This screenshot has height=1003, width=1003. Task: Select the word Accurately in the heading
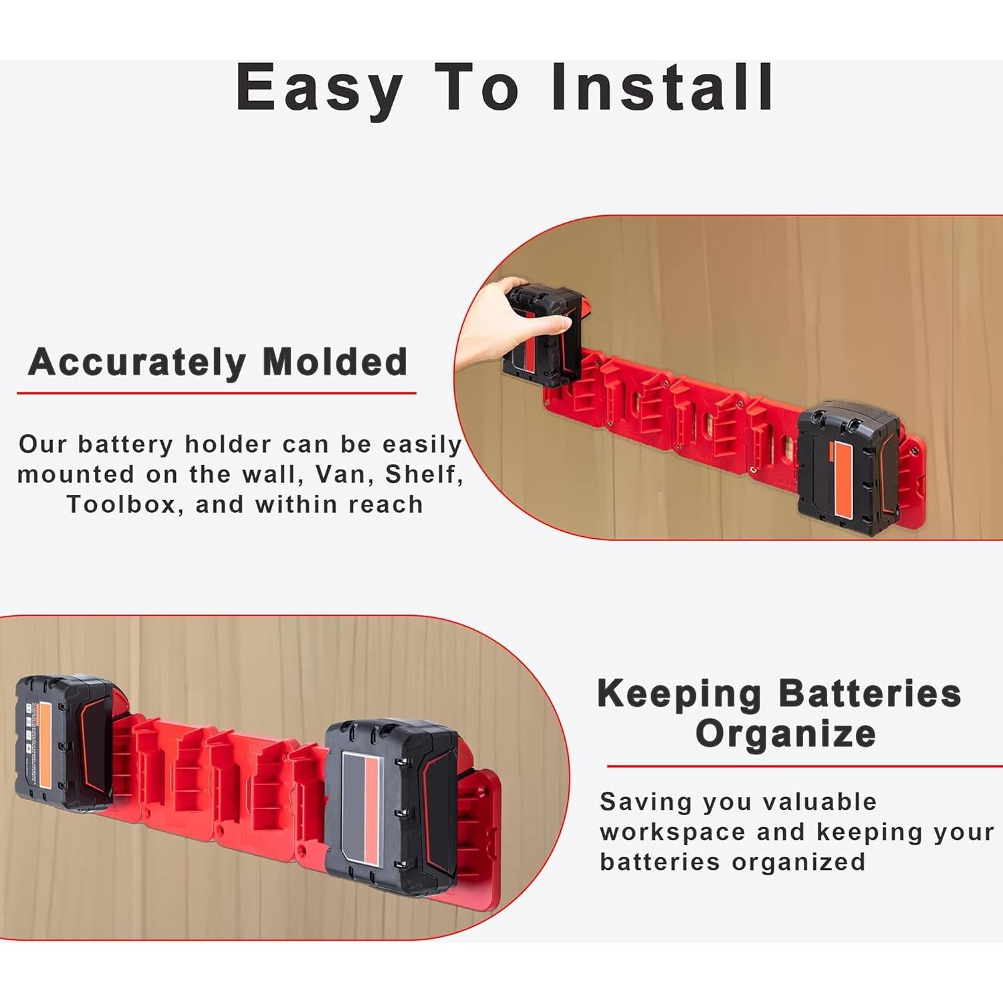click(x=137, y=362)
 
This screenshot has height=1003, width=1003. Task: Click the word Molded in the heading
click(x=334, y=362)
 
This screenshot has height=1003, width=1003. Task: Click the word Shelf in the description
click(x=423, y=474)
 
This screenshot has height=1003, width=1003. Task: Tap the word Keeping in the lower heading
click(x=679, y=693)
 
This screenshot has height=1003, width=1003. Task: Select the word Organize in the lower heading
click(x=786, y=734)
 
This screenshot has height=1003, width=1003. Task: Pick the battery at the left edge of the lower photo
click(x=64, y=742)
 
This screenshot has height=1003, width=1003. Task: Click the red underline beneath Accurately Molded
click(x=216, y=393)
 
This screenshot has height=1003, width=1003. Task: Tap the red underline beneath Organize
click(x=802, y=766)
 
